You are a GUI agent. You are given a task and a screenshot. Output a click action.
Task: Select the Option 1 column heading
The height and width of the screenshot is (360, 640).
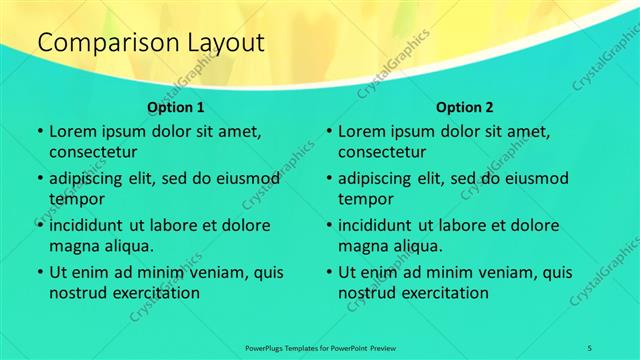(x=176, y=106)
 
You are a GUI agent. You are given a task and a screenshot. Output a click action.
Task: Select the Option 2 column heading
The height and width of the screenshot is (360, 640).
(x=465, y=106)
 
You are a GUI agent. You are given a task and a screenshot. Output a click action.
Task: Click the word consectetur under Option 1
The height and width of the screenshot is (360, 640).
(x=93, y=152)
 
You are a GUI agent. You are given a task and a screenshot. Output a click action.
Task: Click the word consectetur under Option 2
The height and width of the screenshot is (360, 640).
(x=383, y=152)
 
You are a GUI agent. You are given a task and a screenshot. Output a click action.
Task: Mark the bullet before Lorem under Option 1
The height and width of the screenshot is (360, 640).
(x=39, y=132)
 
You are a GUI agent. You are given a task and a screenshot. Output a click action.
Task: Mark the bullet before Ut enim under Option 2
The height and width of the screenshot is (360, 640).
(x=329, y=272)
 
